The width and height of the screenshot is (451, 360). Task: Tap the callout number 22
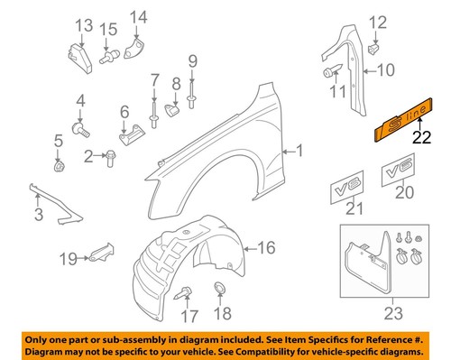(x=421, y=138)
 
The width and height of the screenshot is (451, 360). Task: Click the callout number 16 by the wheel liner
(x=267, y=247)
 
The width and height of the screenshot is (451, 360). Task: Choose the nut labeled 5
(x=59, y=166)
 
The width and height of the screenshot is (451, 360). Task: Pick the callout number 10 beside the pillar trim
(x=385, y=70)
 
